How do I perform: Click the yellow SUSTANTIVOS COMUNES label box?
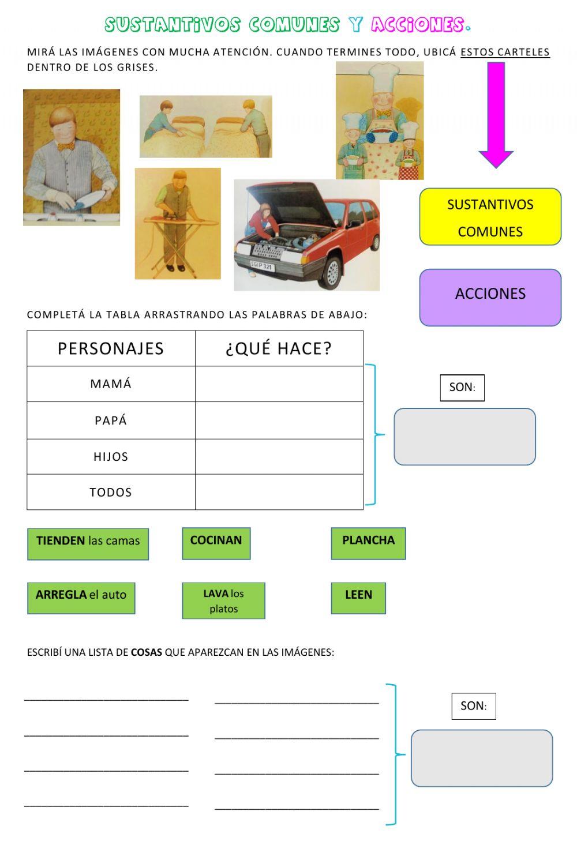pos(490,217)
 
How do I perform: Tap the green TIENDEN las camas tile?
pos(88,544)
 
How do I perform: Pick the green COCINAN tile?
pos(216,543)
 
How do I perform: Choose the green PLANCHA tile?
pos(368,543)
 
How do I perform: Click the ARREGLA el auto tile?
pos(81,598)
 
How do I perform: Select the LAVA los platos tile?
pos(223,600)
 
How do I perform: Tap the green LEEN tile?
pos(358,598)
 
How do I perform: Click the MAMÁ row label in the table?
pos(111,384)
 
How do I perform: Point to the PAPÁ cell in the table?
pos(111,420)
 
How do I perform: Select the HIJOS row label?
pos(111,457)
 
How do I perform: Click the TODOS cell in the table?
pos(111,492)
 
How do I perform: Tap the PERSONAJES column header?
pos(111,348)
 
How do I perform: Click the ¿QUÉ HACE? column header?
pos(279,348)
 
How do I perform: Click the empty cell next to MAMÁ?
pos(279,384)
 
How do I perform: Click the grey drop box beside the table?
pos(464,437)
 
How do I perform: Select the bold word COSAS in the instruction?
pos(146,652)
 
